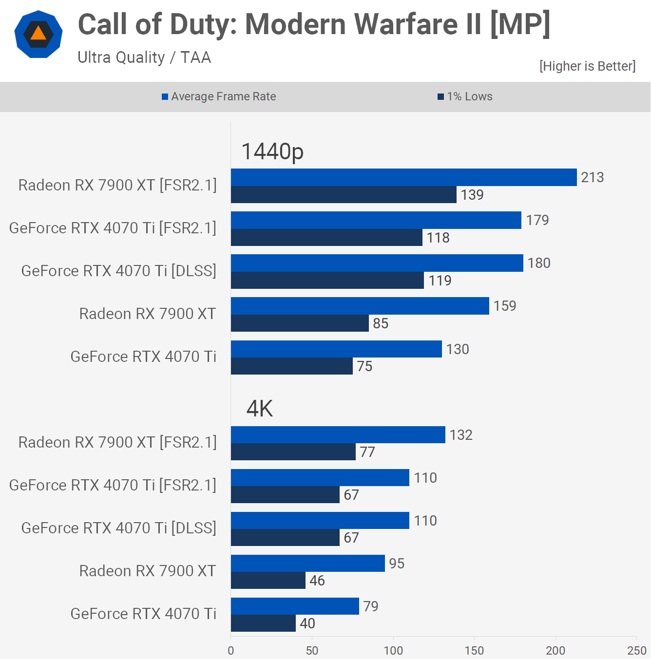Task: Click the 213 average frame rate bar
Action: pos(403,177)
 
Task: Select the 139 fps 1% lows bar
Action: pos(344,195)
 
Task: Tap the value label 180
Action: pos(539,263)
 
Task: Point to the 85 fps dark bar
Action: pos(300,323)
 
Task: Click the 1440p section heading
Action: pos(272,151)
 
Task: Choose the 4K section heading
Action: pos(259,409)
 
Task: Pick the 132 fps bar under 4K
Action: pos(338,435)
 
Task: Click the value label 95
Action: pos(397,564)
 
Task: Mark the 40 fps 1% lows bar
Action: pos(263,623)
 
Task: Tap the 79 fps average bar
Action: pos(295,606)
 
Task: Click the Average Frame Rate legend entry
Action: pos(219,96)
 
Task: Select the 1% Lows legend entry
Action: pos(465,96)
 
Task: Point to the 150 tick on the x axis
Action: pos(474,650)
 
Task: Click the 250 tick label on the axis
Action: pos(636,650)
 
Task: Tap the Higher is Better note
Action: pos(587,66)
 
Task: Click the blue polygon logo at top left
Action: pos(38,34)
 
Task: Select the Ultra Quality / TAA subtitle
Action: pos(144,57)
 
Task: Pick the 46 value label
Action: pos(317,581)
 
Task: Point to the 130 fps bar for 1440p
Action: pos(336,349)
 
